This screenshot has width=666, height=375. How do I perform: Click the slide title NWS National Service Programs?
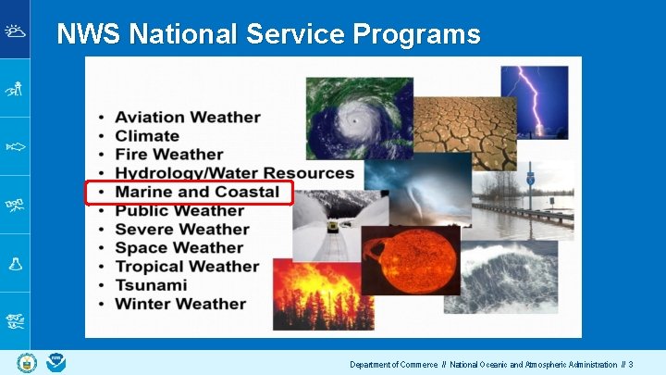pos(268,35)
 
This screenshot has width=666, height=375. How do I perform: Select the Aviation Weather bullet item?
pos(187,118)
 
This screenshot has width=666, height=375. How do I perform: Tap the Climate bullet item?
pos(147,136)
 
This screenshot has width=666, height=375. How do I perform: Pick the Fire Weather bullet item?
pos(168,155)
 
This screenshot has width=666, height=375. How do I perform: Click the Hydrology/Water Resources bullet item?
pos(234,173)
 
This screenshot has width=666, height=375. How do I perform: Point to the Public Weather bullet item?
pos(179,211)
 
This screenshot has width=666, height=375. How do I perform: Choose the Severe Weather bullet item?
pos(182,230)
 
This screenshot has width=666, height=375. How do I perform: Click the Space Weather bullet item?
pos(179,248)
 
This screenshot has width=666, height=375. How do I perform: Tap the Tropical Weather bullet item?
pos(187,267)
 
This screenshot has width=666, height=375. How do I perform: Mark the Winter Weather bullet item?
pos(180,304)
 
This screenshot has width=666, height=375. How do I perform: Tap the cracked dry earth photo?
pos(462,130)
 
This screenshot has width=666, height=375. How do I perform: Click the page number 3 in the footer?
pos(630,365)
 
